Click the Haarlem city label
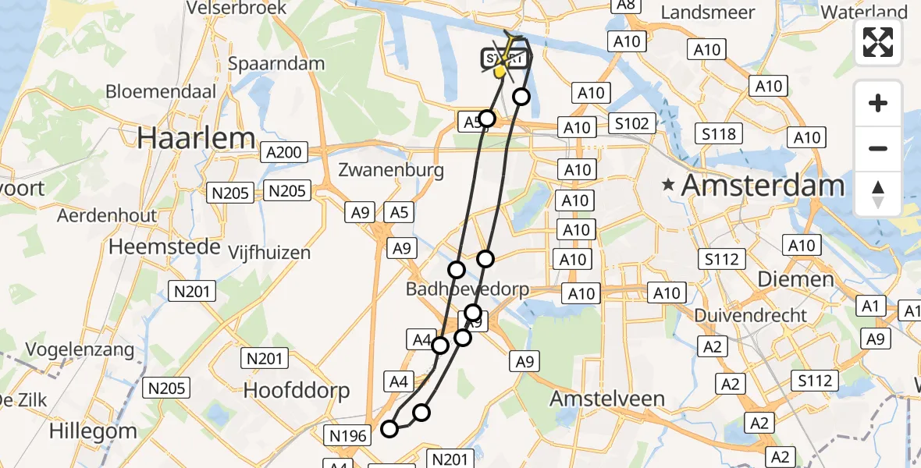(196, 139)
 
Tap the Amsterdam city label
(763, 186)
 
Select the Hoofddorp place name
(297, 390)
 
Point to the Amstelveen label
(607, 399)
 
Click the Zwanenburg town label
(392, 170)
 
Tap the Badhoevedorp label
(467, 289)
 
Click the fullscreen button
(878, 42)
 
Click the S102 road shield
(631, 123)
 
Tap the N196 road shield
(348, 435)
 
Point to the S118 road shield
(719, 134)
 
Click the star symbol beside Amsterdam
(668, 186)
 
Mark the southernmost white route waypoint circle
(389, 428)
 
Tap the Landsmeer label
(708, 12)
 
